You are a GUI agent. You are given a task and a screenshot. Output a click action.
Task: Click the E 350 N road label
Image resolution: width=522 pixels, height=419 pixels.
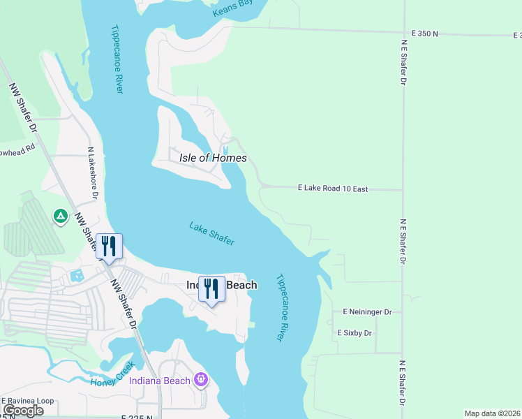coord(425,33)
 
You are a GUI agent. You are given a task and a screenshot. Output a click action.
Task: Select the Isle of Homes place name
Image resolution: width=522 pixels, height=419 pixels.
coord(213,158)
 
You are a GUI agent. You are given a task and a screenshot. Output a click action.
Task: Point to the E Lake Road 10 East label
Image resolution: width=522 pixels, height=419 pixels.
coord(332,189)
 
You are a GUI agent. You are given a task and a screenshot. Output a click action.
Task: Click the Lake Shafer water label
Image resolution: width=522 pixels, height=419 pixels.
coord(211,233)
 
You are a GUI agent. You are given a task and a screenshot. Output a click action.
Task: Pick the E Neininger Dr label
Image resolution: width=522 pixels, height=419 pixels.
coord(368,311)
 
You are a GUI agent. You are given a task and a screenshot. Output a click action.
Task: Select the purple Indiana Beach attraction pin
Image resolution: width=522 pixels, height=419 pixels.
coord(202,380)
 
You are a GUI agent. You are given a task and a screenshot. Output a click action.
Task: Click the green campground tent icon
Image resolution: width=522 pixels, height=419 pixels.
coord(61,217)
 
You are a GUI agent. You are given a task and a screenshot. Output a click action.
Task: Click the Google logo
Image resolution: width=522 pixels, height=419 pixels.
coord(24,411)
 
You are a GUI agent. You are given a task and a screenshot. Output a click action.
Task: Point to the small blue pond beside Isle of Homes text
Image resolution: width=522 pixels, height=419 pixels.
coord(225,149)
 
